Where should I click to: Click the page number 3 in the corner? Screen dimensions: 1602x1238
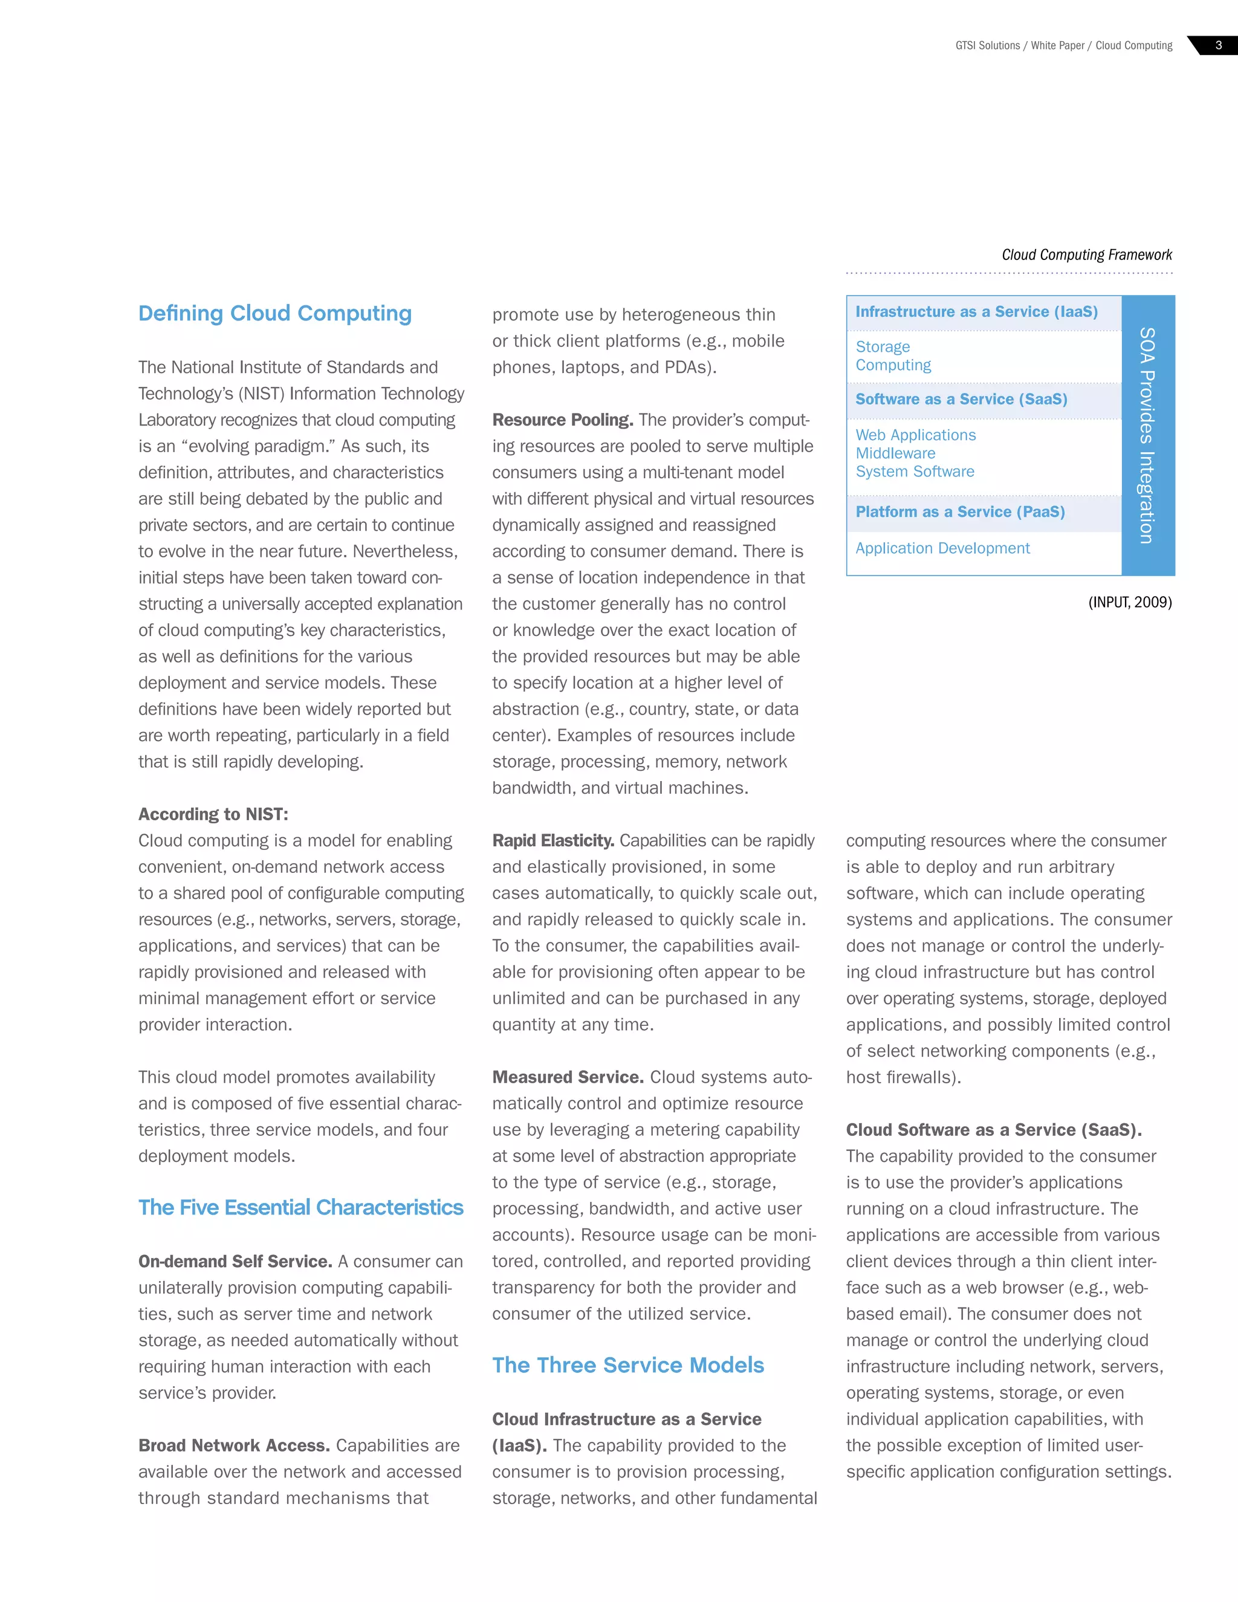1218,45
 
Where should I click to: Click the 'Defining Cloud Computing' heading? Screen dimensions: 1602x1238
275,313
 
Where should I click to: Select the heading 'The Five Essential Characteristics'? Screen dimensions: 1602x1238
300,1207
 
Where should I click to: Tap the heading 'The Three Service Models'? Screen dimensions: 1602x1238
628,1365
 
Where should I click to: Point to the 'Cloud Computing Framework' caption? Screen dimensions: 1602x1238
1086,255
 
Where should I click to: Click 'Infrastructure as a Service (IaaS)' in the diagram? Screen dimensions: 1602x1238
976,312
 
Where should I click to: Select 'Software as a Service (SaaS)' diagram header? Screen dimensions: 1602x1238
961,399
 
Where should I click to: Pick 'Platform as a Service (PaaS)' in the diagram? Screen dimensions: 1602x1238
959,512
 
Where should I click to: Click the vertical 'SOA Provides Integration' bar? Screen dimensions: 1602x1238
1148,435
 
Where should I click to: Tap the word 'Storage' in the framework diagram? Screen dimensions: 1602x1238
883,347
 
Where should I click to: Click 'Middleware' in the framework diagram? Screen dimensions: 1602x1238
895,453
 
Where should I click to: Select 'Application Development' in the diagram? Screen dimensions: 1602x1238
942,549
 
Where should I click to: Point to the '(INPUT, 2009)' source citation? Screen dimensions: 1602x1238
1129,602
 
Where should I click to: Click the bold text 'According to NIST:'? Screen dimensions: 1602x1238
213,814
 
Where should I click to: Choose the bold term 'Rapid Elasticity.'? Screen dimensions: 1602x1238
553,841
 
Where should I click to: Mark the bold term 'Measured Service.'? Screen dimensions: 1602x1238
568,1077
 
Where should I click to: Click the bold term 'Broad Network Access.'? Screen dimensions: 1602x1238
234,1445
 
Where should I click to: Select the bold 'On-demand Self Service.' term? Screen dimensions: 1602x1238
235,1261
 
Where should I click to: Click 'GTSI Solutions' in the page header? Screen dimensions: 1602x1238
987,45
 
